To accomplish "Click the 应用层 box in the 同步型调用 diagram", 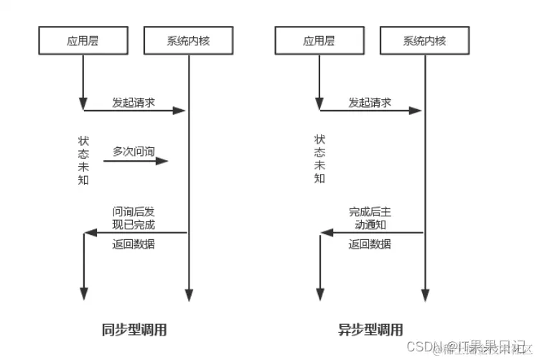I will point(83,41).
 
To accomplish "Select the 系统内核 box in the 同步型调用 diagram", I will point(188,41).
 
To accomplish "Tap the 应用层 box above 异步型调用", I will point(319,41).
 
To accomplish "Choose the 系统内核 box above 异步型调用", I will point(424,41).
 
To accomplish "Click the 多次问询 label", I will point(134,151).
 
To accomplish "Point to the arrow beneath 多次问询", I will point(136,161).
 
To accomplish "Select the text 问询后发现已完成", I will point(134,218).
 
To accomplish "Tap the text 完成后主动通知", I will point(370,218).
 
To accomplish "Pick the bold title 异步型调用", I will point(370,330).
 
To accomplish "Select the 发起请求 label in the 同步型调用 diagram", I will point(134,102).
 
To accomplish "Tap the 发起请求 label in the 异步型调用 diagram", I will point(370,102).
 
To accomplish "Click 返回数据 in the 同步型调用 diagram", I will point(134,244).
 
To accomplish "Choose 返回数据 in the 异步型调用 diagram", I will point(370,244).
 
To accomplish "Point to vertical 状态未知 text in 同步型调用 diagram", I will point(83,160).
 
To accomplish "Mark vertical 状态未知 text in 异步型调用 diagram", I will point(319,160).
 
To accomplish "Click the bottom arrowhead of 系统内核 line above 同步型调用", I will point(189,295).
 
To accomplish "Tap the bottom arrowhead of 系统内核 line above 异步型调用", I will point(424,295).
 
